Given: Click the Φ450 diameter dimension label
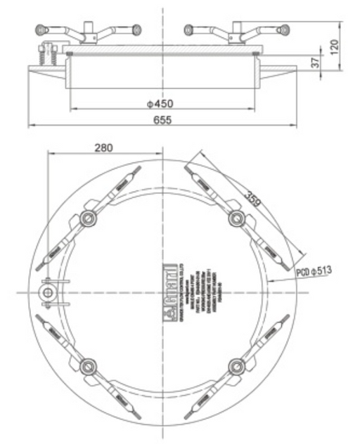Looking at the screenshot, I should pos(160,103).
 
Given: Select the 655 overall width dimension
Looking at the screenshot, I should pos(160,120).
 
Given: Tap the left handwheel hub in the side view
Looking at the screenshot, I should pos(89,32).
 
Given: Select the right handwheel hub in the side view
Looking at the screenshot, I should pos(236,32).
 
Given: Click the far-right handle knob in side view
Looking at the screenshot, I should pos(284,30).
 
